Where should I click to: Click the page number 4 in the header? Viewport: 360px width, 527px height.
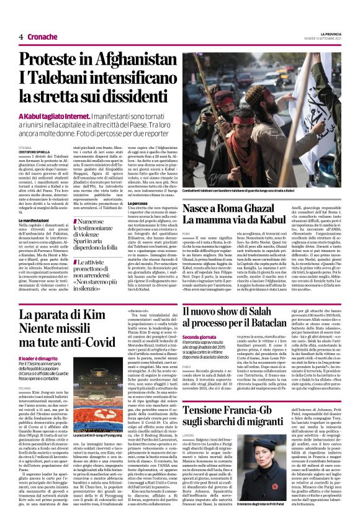pyautogui.click(x=21, y=37)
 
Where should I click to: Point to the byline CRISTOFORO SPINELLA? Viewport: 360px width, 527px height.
pyautogui.click(x=36, y=151)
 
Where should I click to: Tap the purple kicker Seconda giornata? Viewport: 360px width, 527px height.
pyautogui.click(x=200, y=337)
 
